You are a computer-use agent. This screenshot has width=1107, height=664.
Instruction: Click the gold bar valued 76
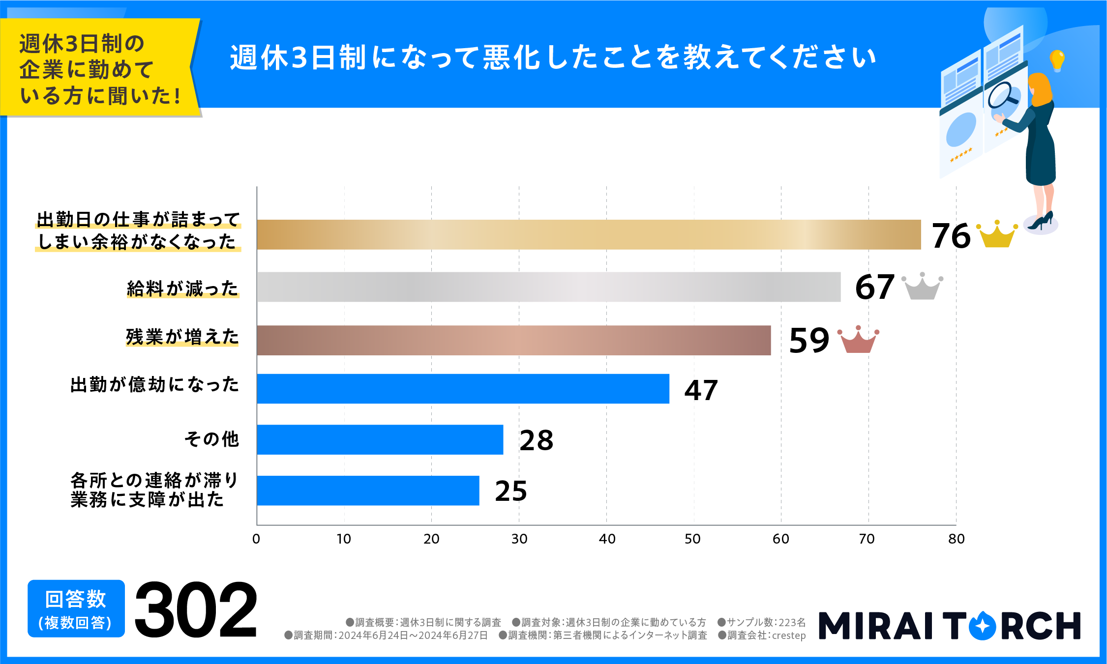click(588, 234)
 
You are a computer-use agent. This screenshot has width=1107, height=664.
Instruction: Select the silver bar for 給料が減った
click(548, 287)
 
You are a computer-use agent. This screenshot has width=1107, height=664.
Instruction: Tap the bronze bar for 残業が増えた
click(513, 340)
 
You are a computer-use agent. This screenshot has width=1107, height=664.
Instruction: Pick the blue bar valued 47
click(463, 389)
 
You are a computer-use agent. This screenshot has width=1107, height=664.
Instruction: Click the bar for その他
click(380, 440)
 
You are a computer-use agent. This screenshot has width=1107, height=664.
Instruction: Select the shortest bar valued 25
click(368, 491)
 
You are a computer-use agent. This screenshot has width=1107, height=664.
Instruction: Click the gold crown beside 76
click(997, 235)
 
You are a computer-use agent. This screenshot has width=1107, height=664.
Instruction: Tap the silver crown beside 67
click(922, 287)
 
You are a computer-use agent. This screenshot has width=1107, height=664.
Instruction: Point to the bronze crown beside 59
click(858, 340)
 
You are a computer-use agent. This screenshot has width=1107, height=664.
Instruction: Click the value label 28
click(536, 440)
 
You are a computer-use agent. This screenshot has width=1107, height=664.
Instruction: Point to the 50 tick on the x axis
click(692, 539)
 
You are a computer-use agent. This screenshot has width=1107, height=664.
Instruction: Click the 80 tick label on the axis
click(956, 539)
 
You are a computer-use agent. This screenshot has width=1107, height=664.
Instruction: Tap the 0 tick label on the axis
click(256, 539)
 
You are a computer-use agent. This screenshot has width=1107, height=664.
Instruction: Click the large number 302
click(196, 609)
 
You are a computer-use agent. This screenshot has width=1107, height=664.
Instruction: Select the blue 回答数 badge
click(76, 609)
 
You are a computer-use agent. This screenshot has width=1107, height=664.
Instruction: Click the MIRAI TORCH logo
click(949, 625)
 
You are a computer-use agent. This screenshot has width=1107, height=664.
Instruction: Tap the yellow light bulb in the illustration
click(1057, 60)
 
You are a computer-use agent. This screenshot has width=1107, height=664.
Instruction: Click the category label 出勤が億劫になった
click(154, 384)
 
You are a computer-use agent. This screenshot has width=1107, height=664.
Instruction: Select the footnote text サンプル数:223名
click(762, 622)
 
